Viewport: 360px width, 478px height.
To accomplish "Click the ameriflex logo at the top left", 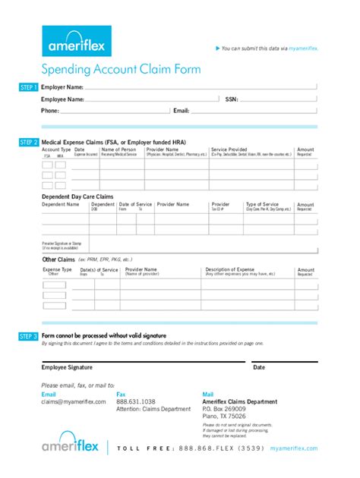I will [x=77, y=41].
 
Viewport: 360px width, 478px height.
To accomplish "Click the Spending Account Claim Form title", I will [x=122, y=69].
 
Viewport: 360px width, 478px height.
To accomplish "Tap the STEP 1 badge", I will [x=29, y=88].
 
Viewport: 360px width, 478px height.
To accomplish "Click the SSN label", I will [x=232, y=99].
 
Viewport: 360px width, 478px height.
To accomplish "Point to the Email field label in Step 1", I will [x=181, y=111].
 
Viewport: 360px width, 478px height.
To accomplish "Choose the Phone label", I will [x=49, y=111].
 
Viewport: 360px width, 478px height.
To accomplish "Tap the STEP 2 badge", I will [x=29, y=142].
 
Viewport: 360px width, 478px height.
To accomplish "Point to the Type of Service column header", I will [x=262, y=204].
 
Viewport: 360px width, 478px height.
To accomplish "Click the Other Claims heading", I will [x=58, y=259].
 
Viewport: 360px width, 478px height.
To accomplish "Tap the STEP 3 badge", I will [x=29, y=335].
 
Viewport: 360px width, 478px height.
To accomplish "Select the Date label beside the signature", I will [x=259, y=367].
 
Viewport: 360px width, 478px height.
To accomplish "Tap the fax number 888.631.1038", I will [x=136, y=401].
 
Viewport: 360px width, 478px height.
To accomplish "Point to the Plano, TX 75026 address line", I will [x=224, y=416].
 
